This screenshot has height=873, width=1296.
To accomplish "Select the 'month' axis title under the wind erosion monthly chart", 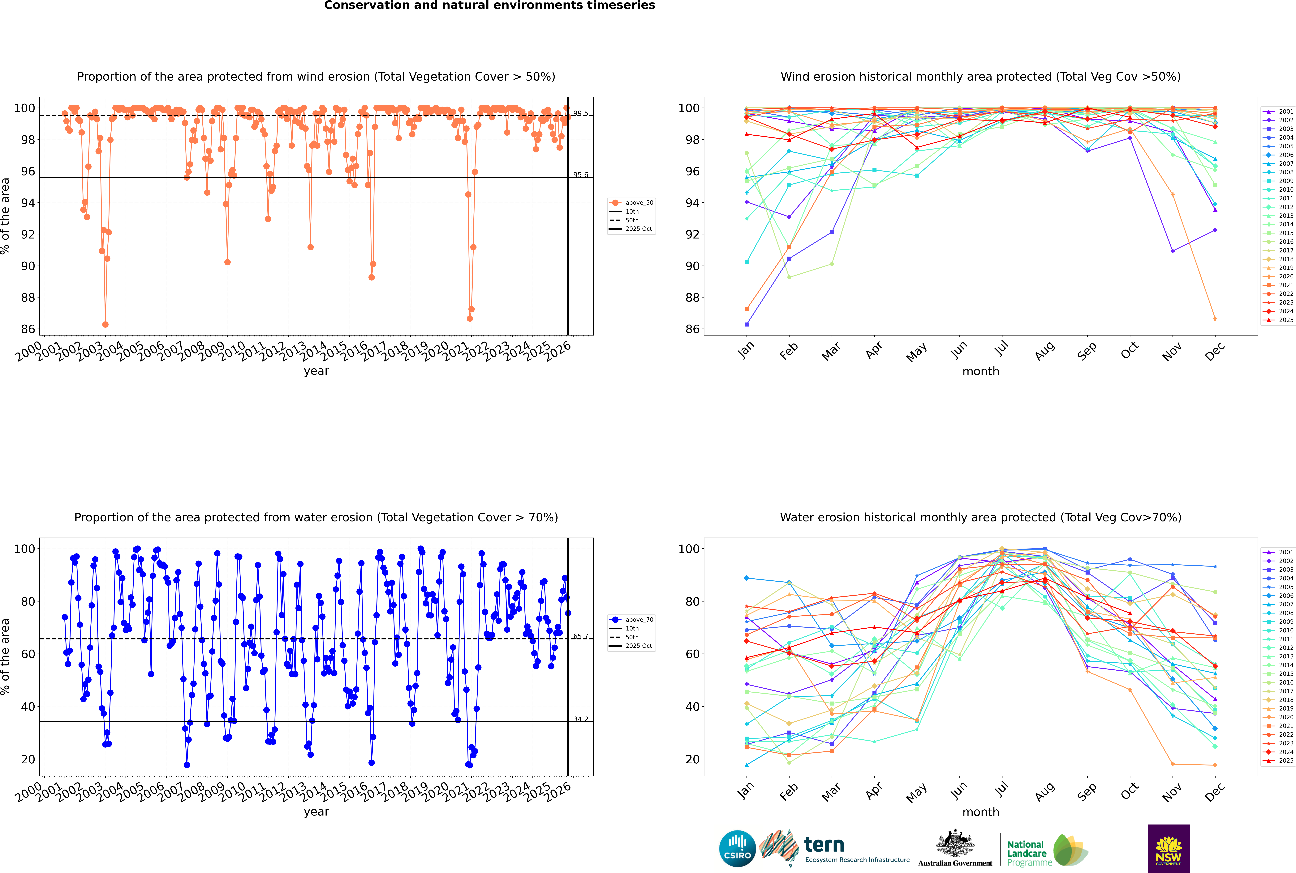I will tap(981, 371).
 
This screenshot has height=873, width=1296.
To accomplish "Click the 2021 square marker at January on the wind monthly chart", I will tap(747, 309).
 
